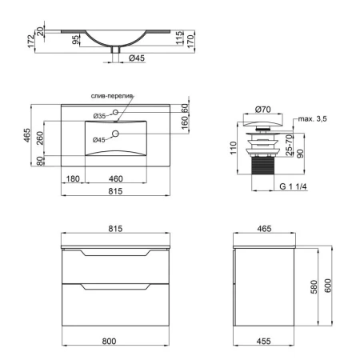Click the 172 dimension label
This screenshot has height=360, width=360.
[31, 41]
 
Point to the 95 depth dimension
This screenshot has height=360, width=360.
[76, 40]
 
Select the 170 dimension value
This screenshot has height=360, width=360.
[191, 41]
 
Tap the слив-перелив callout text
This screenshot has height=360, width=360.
[112, 96]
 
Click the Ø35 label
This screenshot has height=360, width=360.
[99, 116]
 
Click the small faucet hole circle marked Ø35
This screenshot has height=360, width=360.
[115, 112]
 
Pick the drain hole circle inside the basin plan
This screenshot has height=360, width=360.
[115, 134]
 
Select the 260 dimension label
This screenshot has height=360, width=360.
[40, 138]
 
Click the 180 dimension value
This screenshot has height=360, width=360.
[73, 178]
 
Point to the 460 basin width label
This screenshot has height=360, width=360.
[116, 178]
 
